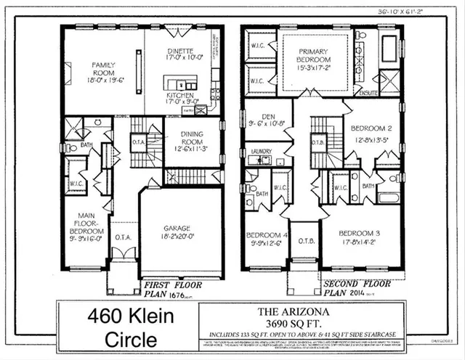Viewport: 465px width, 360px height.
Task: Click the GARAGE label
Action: (x=179, y=226)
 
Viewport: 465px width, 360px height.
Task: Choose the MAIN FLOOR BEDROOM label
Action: (x=86, y=220)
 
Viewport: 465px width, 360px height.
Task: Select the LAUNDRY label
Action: (x=259, y=152)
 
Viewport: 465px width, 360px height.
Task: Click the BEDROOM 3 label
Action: (x=362, y=235)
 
